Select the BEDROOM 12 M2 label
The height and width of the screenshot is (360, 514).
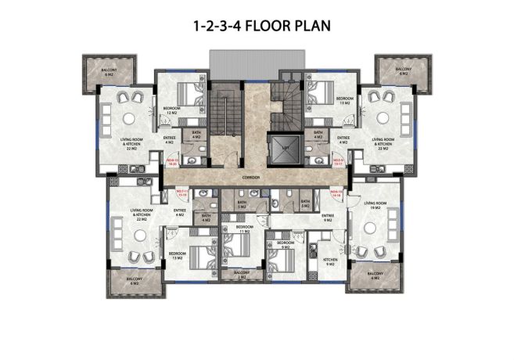[x=171, y=110]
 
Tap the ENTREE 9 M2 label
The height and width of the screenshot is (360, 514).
[x=327, y=218]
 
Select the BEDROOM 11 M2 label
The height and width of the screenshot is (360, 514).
[x=243, y=229]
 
